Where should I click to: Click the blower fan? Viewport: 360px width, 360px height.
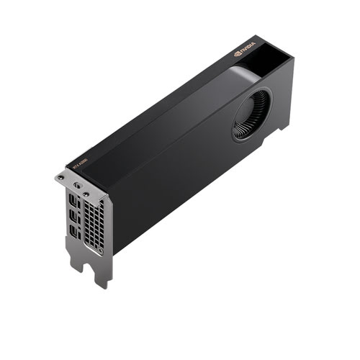(251, 114)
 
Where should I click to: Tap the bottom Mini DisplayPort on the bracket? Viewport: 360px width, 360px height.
(74, 231)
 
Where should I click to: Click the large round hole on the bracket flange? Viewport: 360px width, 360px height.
(75, 184)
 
